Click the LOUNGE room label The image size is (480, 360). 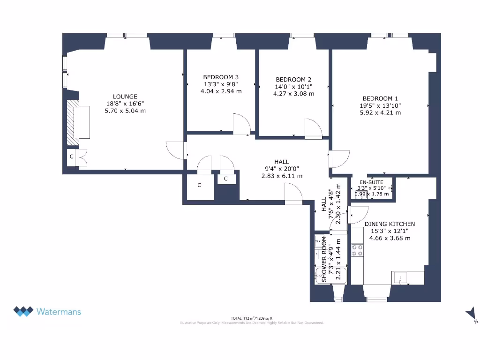tap(125, 97)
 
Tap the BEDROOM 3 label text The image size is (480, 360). tap(221, 77)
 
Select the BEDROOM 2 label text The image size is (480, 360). tap(293, 80)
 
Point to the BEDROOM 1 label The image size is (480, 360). tap(380, 98)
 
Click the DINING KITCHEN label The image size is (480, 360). tap(390, 224)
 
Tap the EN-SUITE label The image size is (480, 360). tap(371, 182)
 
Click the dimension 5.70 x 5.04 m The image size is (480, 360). tap(125, 111)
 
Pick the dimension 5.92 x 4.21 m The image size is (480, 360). tap(380, 113)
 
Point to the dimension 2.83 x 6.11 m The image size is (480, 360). tap(282, 176)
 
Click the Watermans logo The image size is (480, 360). tap(47, 311)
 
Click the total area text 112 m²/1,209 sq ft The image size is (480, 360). tap(252, 318)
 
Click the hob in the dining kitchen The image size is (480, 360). tap(357, 250)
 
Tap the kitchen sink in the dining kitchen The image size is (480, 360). tap(401, 277)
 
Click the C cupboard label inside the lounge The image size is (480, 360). tap(72, 157)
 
